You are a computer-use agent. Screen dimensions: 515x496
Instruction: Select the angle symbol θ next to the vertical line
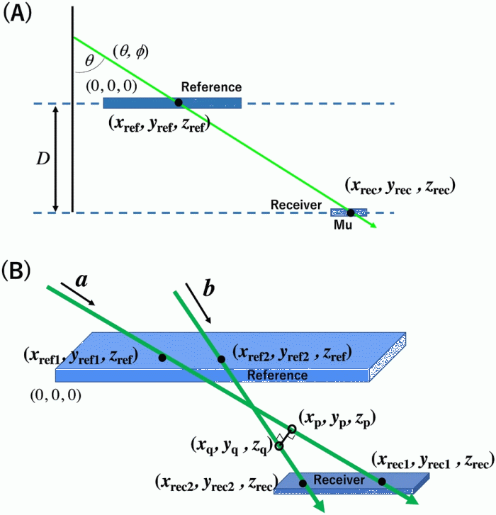89,61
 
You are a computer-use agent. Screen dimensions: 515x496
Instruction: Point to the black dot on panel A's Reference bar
179,103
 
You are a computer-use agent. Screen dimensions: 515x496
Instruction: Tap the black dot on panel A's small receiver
350,212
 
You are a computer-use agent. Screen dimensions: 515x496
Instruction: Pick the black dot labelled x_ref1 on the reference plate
162,358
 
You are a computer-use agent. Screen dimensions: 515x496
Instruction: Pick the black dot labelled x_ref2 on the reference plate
222,360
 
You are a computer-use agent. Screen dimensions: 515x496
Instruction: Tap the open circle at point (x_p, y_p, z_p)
291,429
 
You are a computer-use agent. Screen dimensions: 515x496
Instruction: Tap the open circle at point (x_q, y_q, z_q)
279,446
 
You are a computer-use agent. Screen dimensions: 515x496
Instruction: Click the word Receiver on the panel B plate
339,480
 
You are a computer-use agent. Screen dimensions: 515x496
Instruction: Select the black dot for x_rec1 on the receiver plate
382,482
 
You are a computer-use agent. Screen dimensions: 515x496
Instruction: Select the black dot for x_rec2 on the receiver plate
303,484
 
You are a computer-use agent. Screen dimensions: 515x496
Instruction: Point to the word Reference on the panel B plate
276,373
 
